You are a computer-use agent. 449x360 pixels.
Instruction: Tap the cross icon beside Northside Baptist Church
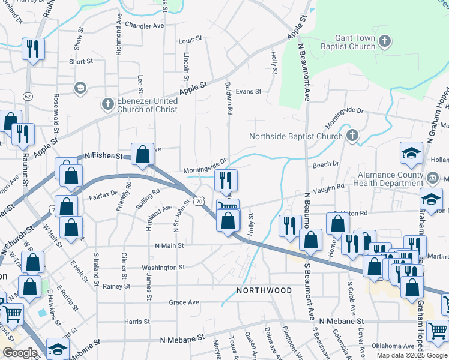pyautogui.click(x=352, y=136)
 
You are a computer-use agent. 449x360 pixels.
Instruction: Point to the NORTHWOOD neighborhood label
pyautogui.click(x=264, y=290)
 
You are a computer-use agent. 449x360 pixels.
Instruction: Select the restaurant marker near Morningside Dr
pyautogui.click(x=226, y=179)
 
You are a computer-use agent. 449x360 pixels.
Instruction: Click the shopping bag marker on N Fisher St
pyautogui.click(x=142, y=154)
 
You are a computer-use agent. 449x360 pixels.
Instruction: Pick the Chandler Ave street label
pyautogui.click(x=145, y=26)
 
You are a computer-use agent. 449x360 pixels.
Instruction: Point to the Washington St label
pyautogui.click(x=163, y=268)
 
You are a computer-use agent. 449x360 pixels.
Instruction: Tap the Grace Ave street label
pyautogui.click(x=184, y=302)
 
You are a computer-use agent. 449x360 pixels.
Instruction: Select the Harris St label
pyautogui.click(x=133, y=322)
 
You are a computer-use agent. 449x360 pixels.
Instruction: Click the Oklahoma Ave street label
pyautogui.click(x=393, y=346)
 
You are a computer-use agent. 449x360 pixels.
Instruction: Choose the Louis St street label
pyautogui.click(x=190, y=40)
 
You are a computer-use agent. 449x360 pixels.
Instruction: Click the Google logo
pyautogui.click(x=20, y=353)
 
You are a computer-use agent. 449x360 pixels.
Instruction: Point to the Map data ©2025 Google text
pyautogui.click(x=411, y=355)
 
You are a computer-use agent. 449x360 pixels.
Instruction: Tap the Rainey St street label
pyautogui.click(x=116, y=287)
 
